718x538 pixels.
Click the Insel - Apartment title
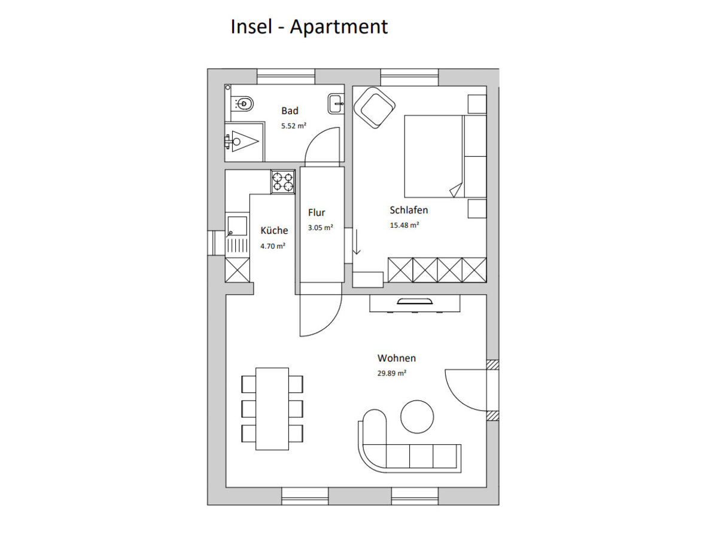coord(309,27)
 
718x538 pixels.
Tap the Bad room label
coord(290,111)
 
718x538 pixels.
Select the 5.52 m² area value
coord(293,126)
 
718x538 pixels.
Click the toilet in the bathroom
coord(242,104)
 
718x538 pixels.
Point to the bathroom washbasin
coord(336,103)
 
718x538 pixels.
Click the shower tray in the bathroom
coord(244,142)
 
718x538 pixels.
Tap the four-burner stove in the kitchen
coord(282,182)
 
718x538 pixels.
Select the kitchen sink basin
coord(237,226)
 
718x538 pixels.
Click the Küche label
coord(274,230)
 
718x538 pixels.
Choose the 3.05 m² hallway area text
coord(320,227)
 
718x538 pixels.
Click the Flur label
coord(317,213)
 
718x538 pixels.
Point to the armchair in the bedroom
coord(374,108)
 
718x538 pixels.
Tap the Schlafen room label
coord(409,210)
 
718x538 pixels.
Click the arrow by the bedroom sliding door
coord(357,242)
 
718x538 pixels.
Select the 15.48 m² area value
coord(404,225)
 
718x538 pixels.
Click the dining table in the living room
coord(272,409)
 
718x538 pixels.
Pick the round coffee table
coord(417,417)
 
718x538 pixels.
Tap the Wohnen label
coord(397,358)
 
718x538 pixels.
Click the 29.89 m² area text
coord(391,373)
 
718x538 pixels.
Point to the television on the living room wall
coord(415,301)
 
